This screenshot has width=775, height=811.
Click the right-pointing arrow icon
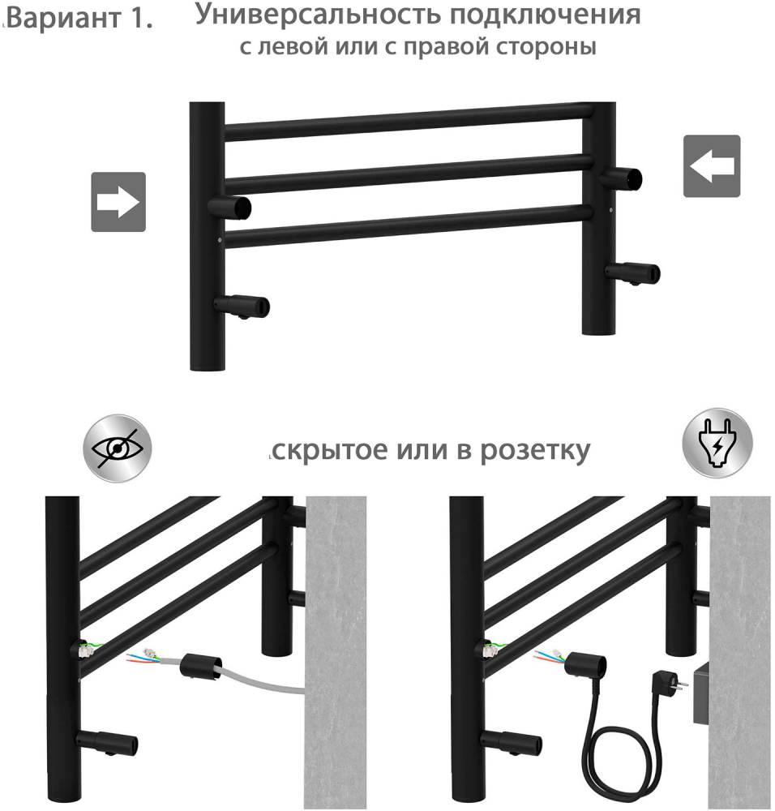pos(118,202)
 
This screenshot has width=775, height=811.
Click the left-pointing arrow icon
pos(712,166)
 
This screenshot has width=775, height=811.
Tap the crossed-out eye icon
pos(118,448)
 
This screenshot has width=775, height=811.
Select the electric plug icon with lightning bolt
pos(717,444)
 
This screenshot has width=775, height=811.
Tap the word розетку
pos(535,451)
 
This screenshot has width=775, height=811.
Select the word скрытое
pos(330,451)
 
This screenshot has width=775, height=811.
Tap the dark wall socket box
pos(701,692)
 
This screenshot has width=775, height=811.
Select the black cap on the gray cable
pos(200,666)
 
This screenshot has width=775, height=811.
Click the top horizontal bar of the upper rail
pos(409,122)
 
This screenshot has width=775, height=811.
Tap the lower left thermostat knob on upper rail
pos(242,307)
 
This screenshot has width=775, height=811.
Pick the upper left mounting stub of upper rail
pos(229,207)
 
